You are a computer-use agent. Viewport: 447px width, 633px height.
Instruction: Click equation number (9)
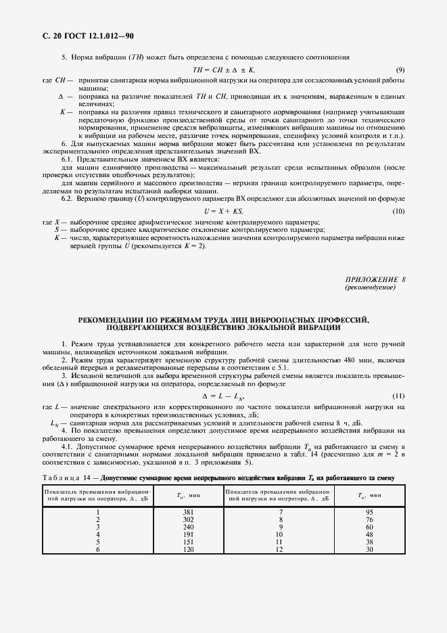[400, 70]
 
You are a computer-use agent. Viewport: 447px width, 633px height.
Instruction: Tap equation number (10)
[398, 212]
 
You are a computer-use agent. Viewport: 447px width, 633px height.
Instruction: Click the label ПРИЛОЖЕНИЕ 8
[375, 279]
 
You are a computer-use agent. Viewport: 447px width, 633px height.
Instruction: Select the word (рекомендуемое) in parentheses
[370, 287]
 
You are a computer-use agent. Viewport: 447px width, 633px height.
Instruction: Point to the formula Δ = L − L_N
[223, 395]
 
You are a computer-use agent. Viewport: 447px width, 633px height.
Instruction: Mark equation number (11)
[398, 395]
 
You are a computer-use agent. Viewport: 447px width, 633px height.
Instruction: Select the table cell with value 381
[189, 512]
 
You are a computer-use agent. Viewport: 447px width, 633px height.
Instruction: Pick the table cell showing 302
[189, 519]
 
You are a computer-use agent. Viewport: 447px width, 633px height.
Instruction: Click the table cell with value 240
[189, 526]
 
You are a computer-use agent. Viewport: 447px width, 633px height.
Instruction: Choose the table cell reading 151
[189, 541]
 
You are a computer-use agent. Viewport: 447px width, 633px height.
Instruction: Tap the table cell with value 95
[369, 512]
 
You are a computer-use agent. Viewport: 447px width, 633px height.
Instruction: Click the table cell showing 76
[369, 519]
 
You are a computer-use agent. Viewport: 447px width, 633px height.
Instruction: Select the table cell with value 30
[369, 548]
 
